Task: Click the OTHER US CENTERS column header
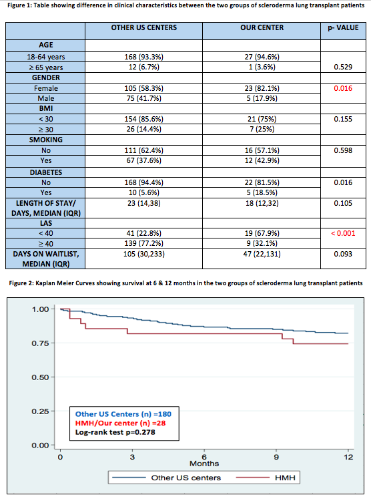click(x=144, y=27)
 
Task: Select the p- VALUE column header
click(x=343, y=27)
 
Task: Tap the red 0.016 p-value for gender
click(x=343, y=88)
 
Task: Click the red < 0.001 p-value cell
click(x=343, y=234)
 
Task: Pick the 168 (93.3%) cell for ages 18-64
click(x=144, y=57)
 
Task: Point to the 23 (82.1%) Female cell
click(x=262, y=88)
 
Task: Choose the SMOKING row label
click(x=46, y=140)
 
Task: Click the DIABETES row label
click(x=46, y=172)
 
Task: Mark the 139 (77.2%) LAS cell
click(x=144, y=244)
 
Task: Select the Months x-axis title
click(x=204, y=464)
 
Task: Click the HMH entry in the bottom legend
click(x=285, y=478)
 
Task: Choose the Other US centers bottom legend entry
click(x=185, y=478)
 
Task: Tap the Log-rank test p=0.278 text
click(x=115, y=432)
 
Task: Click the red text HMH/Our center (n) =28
click(x=120, y=423)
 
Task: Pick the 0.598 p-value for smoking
click(x=343, y=150)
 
